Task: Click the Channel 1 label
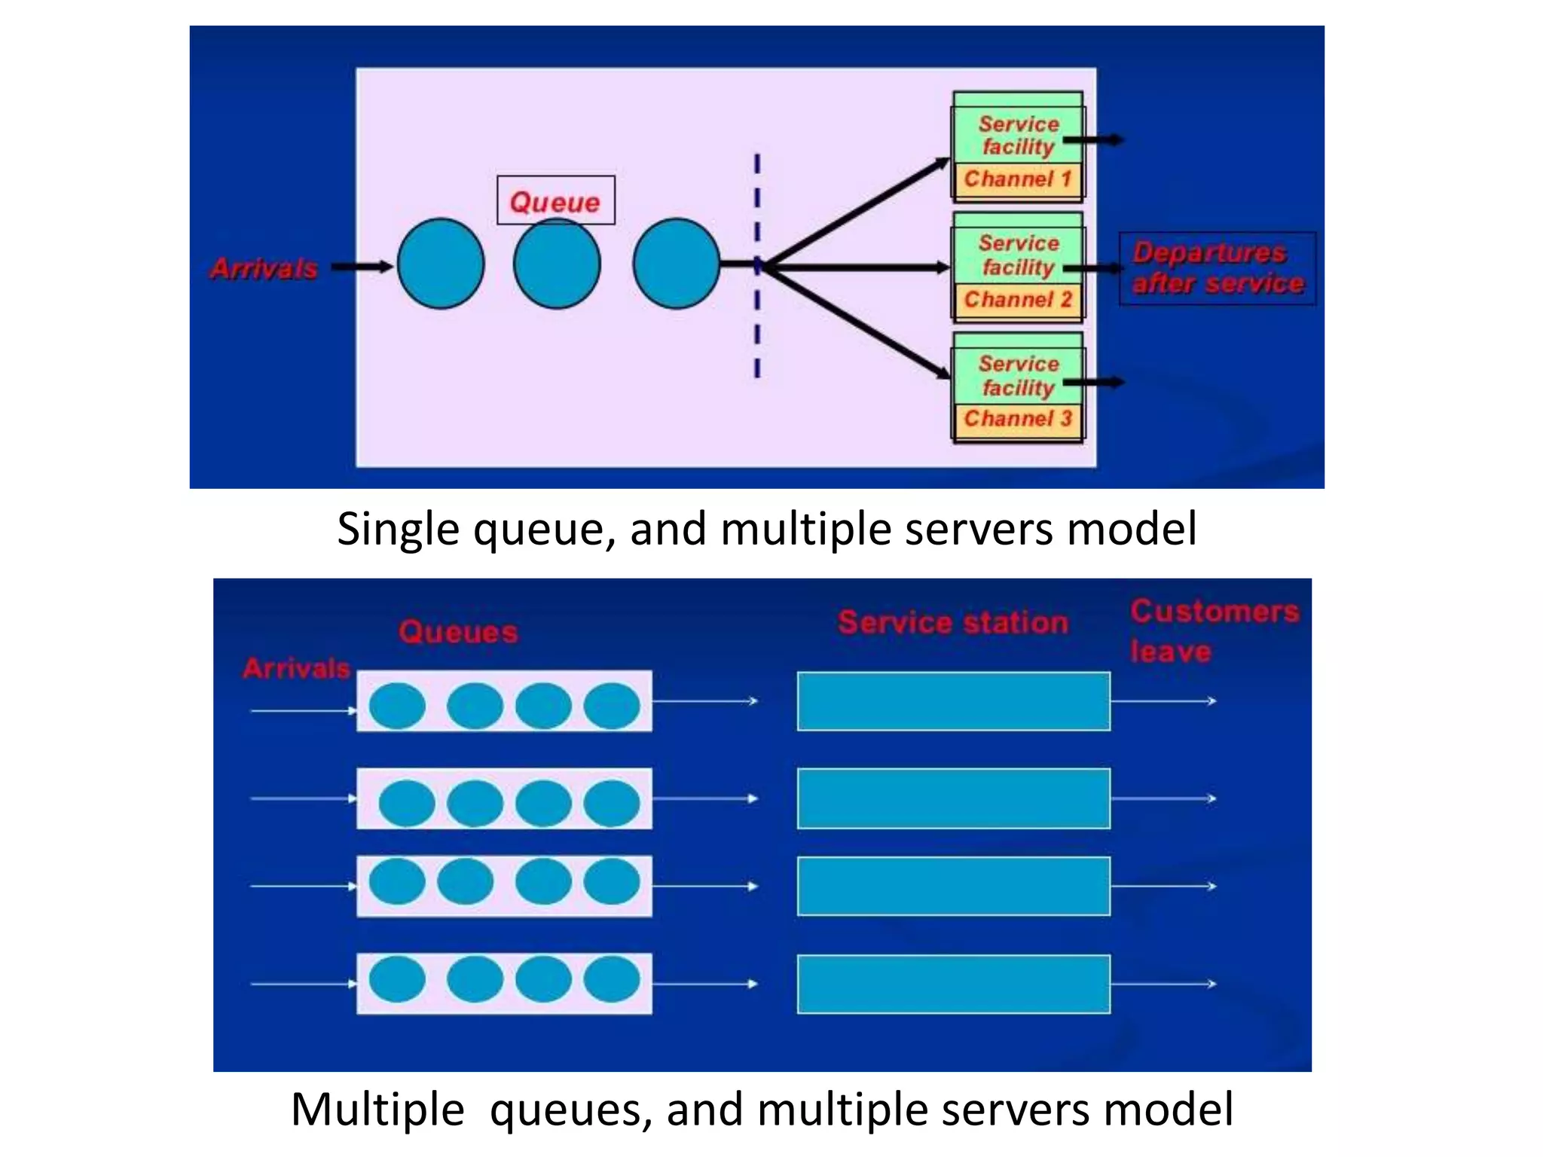[x=1017, y=179]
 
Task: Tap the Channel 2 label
[x=1017, y=300]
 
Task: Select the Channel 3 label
[x=1017, y=419]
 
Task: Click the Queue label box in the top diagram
[x=555, y=201]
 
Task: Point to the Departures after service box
[x=1218, y=268]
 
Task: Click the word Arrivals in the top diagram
[x=264, y=268]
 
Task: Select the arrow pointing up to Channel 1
[x=859, y=210]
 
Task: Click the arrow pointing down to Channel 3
[x=859, y=321]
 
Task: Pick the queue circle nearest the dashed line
[x=676, y=264]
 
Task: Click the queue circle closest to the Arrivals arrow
[x=441, y=264]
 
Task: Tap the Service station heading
[x=953, y=623]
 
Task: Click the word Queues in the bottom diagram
[x=458, y=632]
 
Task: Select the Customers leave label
[x=1214, y=631]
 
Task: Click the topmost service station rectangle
[x=953, y=701]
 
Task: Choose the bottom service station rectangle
[x=953, y=984]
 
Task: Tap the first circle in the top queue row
[x=397, y=706]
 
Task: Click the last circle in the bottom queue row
[x=611, y=979]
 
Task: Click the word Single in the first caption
[x=397, y=530]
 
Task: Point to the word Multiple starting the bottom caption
[x=377, y=1110]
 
